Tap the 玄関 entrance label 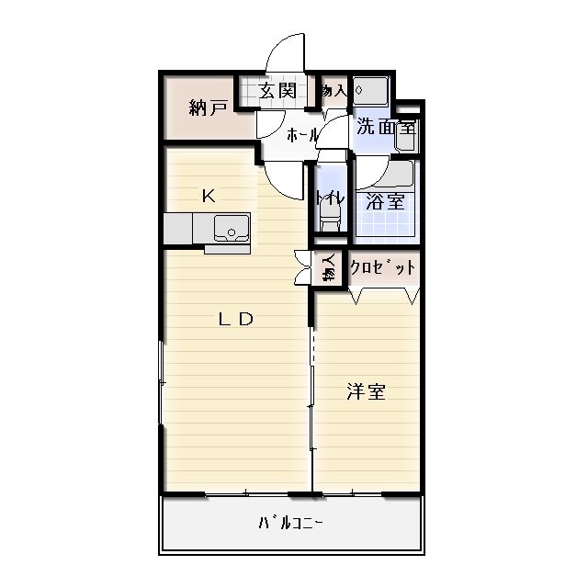276,90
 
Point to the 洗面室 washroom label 386,127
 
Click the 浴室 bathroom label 385,201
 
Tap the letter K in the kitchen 209,195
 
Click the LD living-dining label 235,319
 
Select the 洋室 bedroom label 366,392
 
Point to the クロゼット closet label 377,268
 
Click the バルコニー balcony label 290,524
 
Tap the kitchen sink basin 231,226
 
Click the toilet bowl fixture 329,220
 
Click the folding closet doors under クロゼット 384,293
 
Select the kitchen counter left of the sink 187,226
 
